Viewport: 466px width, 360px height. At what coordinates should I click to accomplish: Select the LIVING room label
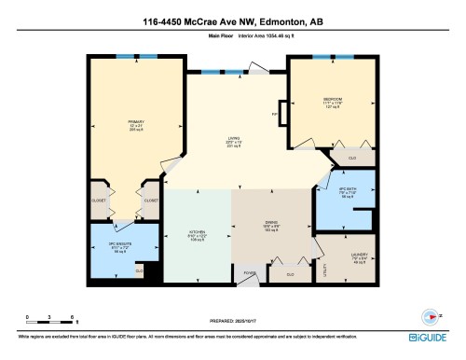234,142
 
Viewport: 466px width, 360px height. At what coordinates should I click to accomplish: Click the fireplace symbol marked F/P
275,115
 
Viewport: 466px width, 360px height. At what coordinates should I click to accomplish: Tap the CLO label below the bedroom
351,159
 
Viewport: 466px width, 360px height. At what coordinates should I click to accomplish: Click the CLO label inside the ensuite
139,271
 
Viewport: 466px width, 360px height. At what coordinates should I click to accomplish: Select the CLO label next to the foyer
290,274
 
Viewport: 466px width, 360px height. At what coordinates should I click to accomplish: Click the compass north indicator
430,314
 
